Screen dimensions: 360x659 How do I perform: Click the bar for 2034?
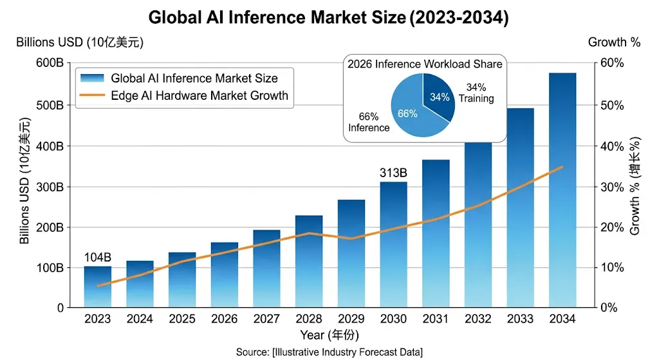pyautogui.click(x=562, y=193)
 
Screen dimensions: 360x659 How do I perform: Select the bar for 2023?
pyautogui.click(x=97, y=287)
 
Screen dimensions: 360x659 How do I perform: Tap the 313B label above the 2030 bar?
pyautogui.click(x=393, y=173)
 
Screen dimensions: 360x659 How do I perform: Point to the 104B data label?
pyautogui.click(x=97, y=258)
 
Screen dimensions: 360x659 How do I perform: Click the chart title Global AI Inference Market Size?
pyautogui.click(x=329, y=17)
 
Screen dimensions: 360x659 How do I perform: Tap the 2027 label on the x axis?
pyautogui.click(x=266, y=318)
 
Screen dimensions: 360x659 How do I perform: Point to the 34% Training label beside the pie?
pyautogui.click(x=476, y=93)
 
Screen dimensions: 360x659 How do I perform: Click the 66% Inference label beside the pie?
pyautogui.click(x=369, y=122)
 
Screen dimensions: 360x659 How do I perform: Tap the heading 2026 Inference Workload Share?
pyautogui.click(x=425, y=64)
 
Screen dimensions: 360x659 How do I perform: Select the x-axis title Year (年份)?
pyautogui.click(x=329, y=335)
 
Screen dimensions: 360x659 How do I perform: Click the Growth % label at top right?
pyautogui.click(x=614, y=43)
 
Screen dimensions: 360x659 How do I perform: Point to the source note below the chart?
pyautogui.click(x=329, y=352)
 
